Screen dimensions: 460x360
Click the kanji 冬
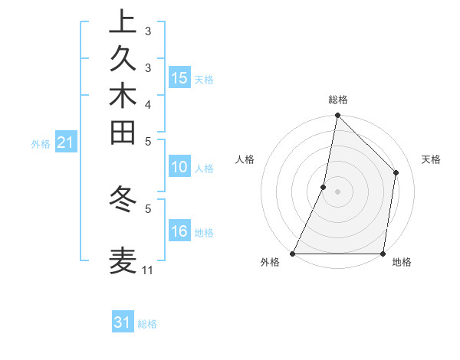coord(123,198)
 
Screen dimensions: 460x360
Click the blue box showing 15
coord(179,77)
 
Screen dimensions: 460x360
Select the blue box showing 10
coord(179,167)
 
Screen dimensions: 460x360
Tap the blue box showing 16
coord(179,231)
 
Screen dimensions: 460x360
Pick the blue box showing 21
coord(66,142)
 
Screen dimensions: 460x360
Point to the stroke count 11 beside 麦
coord(147,270)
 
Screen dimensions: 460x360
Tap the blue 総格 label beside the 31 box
coord(147,324)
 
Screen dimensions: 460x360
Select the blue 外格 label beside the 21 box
coord(41,143)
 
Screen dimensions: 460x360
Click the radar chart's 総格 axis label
coord(337,100)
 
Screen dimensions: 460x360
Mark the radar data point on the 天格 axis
coord(396,172)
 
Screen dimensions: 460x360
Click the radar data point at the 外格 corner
coord(293,254)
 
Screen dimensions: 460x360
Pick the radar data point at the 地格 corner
coord(383,254)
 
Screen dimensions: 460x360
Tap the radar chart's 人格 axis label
coord(245,159)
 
